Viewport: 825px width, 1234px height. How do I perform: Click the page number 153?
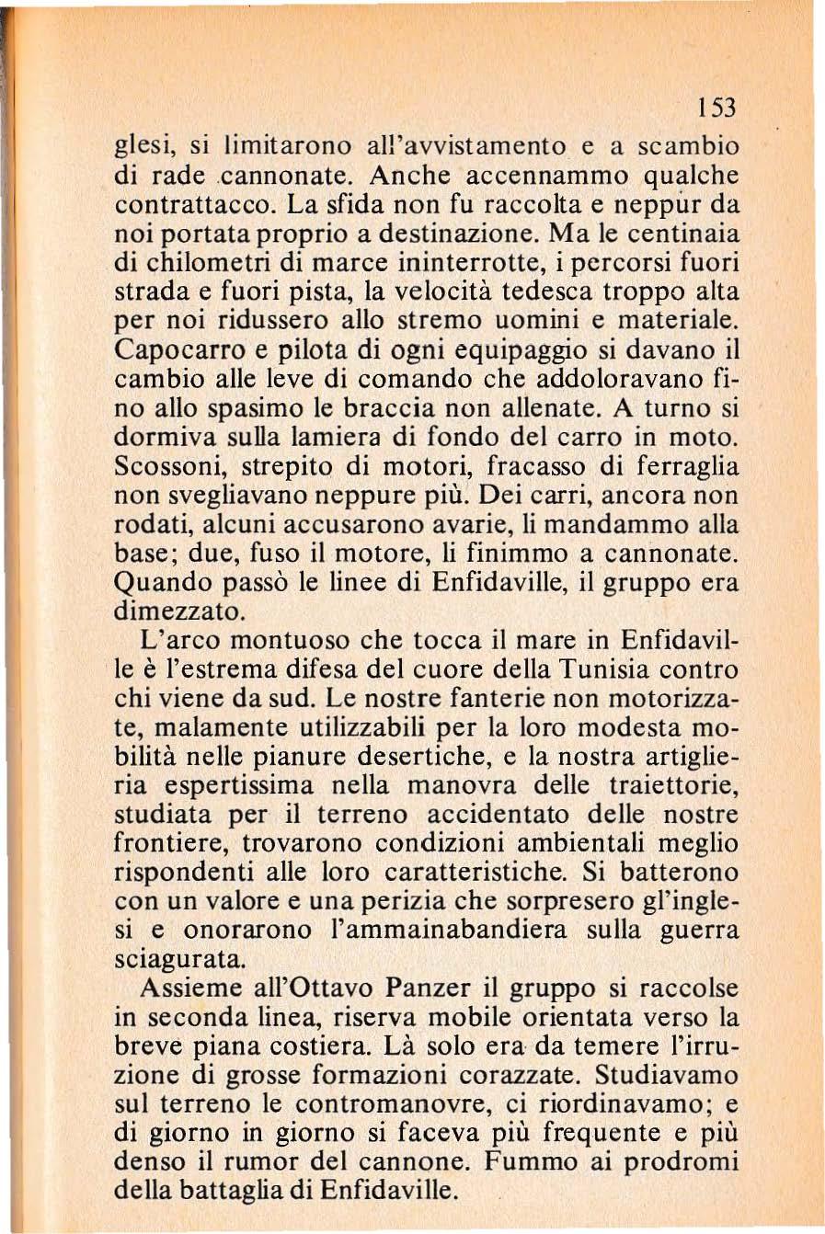717,109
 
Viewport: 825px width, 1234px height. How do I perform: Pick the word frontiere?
181,843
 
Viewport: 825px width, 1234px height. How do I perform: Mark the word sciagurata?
180,959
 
